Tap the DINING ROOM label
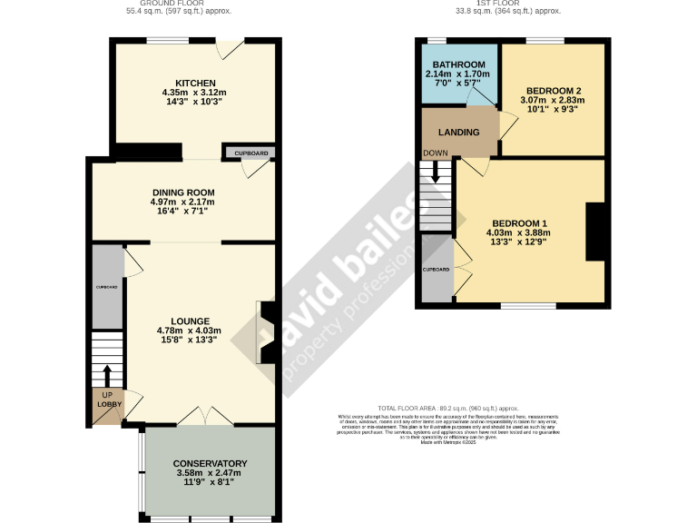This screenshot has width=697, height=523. (x=182, y=192)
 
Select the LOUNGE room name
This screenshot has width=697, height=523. (x=189, y=321)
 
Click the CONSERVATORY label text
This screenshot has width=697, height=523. (x=210, y=463)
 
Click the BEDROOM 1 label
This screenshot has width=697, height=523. (x=520, y=222)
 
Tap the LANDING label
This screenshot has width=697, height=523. (x=459, y=133)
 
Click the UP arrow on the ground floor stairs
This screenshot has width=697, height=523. (x=107, y=375)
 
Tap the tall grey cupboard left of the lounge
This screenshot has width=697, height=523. (x=106, y=287)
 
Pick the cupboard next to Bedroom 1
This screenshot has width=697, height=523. (x=437, y=270)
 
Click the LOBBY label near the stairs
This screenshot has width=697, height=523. (x=106, y=402)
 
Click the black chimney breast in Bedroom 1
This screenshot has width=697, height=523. (x=595, y=232)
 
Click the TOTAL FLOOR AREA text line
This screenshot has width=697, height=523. (x=447, y=409)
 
